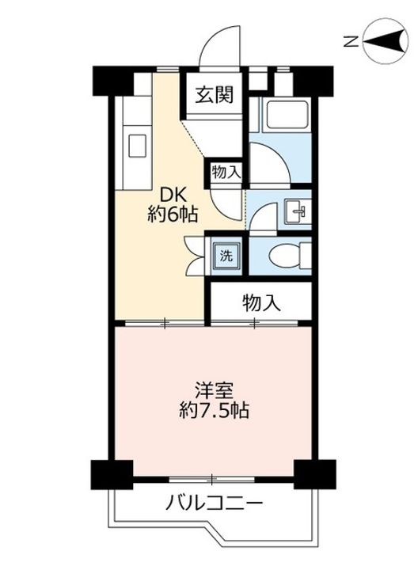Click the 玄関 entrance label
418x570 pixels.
(214, 95)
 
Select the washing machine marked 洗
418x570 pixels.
(226, 256)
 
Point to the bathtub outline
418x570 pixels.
(287, 115)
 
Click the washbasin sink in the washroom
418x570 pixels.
(298, 211)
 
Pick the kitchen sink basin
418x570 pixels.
(138, 146)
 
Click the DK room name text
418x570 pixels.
(173, 196)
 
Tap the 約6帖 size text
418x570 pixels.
(173, 215)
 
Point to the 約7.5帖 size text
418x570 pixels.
(214, 411)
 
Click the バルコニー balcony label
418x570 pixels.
(214, 503)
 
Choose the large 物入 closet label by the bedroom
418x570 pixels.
(262, 302)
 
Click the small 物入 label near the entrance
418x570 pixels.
(226, 172)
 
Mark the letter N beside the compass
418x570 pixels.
(351, 42)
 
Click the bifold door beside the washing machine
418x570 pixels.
(195, 256)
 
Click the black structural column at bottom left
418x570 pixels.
(112, 475)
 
